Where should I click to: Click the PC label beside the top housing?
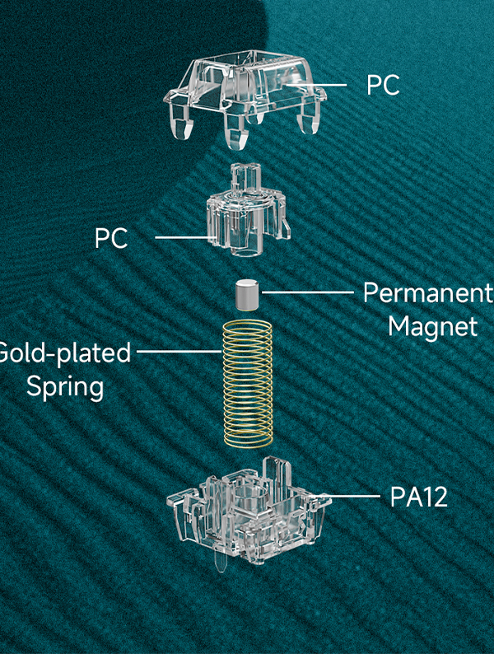point(383,85)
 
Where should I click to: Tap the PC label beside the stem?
point(111,238)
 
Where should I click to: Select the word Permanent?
point(428,292)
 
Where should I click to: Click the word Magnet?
point(433,326)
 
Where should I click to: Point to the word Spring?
point(65,387)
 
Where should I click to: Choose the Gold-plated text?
point(65,353)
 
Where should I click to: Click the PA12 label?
point(419,497)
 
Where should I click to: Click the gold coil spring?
point(248,383)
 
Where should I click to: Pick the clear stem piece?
point(247,210)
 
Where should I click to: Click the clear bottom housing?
point(249,512)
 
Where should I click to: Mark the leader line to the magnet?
point(308,292)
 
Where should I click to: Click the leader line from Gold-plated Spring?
point(179,352)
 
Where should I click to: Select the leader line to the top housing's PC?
point(315,85)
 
